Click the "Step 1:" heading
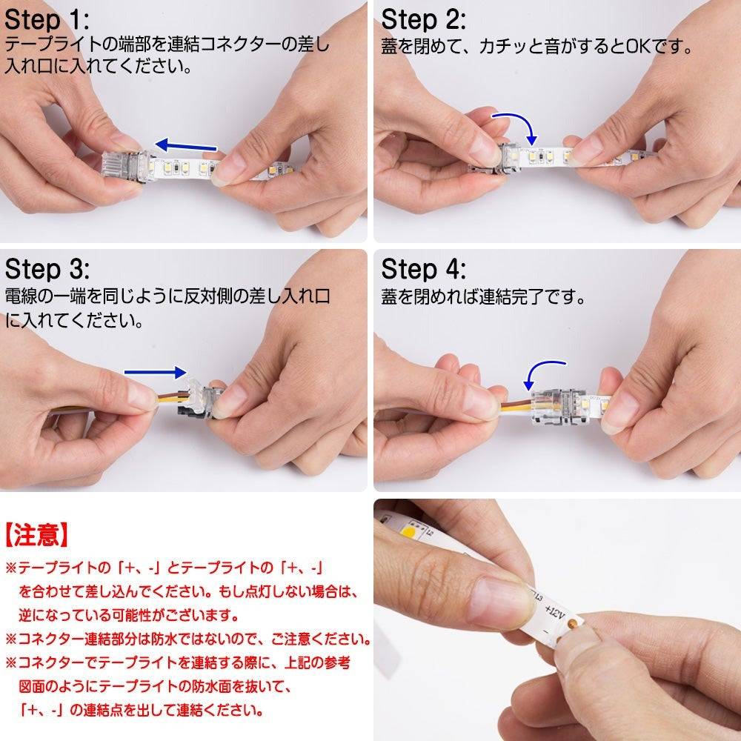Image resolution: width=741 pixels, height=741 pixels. pos(46,20)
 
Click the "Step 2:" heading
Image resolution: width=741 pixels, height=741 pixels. pos(423,20)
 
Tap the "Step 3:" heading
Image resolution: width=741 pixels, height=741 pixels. pos(47,270)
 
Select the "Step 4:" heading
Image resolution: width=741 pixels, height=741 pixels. pos(423,270)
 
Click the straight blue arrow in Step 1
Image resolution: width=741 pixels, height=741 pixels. pos(186,146)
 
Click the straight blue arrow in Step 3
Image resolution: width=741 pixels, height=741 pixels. pos(155,373)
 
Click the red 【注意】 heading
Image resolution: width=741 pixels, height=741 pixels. pos(37,536)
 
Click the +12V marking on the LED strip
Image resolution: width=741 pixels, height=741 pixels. pos(554,613)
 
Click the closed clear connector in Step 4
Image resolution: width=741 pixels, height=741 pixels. pos(560,405)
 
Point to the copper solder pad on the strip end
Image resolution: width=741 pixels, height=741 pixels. pos(571,624)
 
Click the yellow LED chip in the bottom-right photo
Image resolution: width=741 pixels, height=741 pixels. pos(408,531)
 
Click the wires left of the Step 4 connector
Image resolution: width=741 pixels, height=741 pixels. pos(516,405)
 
